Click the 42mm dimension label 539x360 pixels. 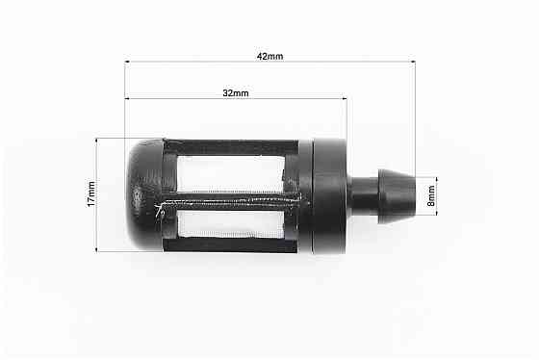click(269, 56)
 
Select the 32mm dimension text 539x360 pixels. click(235, 92)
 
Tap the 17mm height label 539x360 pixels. click(90, 195)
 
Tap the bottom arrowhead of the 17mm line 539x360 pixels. click(97, 249)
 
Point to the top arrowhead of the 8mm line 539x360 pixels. click(436, 179)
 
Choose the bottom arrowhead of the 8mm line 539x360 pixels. click(436, 211)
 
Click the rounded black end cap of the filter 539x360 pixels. click(145, 195)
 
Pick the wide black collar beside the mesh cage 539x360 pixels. click(329, 195)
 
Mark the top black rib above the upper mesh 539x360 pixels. click(231, 148)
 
